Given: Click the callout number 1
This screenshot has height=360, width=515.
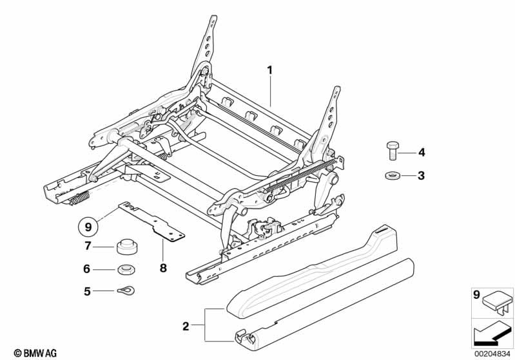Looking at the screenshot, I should click(x=271, y=69).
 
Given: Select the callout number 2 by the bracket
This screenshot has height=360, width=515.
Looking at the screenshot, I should click(x=186, y=327).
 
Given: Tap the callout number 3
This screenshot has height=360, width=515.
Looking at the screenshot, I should click(x=422, y=175).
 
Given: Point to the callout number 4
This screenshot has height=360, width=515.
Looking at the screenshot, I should click(x=422, y=153).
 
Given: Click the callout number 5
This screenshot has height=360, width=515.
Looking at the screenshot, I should click(x=88, y=291).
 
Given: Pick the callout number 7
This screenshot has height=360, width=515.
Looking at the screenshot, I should click(x=88, y=247).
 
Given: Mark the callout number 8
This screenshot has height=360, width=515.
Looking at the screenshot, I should click(x=162, y=267).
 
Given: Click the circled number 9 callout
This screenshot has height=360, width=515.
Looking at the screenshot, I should click(x=88, y=226).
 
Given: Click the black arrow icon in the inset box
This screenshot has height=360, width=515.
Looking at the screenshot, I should click(x=489, y=333).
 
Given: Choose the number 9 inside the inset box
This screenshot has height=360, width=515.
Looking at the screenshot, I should click(x=476, y=295).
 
